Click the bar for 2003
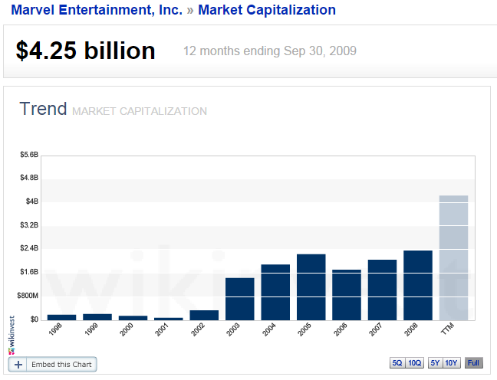[x=239, y=299]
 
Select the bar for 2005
[x=311, y=287]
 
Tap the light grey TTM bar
[x=453, y=257]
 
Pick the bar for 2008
[x=418, y=285]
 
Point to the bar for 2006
[x=347, y=295]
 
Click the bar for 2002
[x=204, y=315]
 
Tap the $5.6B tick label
[x=28, y=155]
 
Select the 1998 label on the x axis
[x=55, y=330]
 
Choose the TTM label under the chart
[x=448, y=329]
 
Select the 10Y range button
[x=452, y=363]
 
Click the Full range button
[x=474, y=363]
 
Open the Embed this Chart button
[x=52, y=365]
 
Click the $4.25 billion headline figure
[x=85, y=51]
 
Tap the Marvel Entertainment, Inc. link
[x=97, y=10]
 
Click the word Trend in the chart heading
[x=43, y=109]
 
